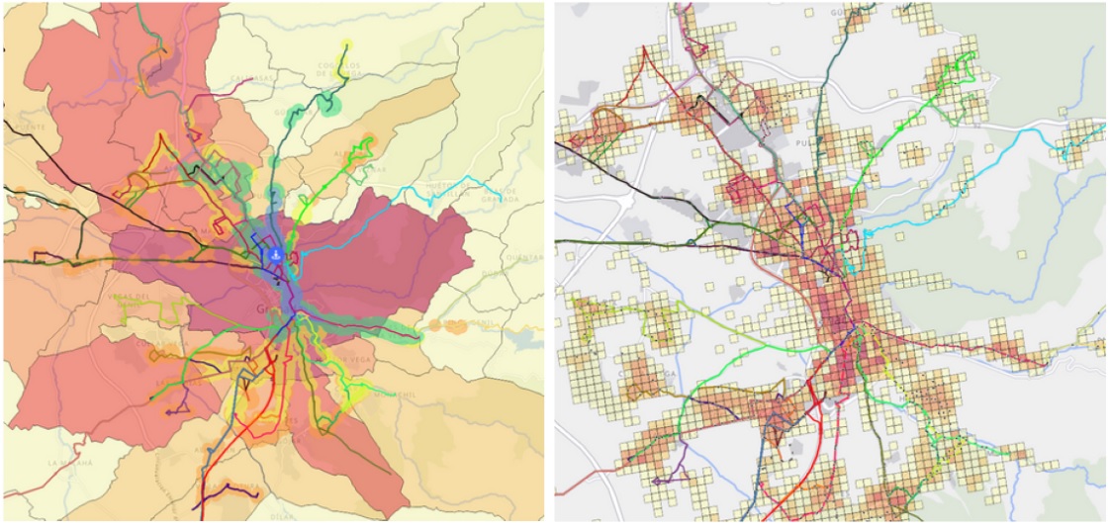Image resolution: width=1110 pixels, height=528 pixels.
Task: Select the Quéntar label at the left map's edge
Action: pos(526,260)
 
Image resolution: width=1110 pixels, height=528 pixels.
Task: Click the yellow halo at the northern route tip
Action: pos(345,46)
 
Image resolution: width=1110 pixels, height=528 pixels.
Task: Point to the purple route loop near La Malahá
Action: pos(178,404)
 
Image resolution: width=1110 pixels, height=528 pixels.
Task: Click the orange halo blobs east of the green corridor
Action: pos(451,326)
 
